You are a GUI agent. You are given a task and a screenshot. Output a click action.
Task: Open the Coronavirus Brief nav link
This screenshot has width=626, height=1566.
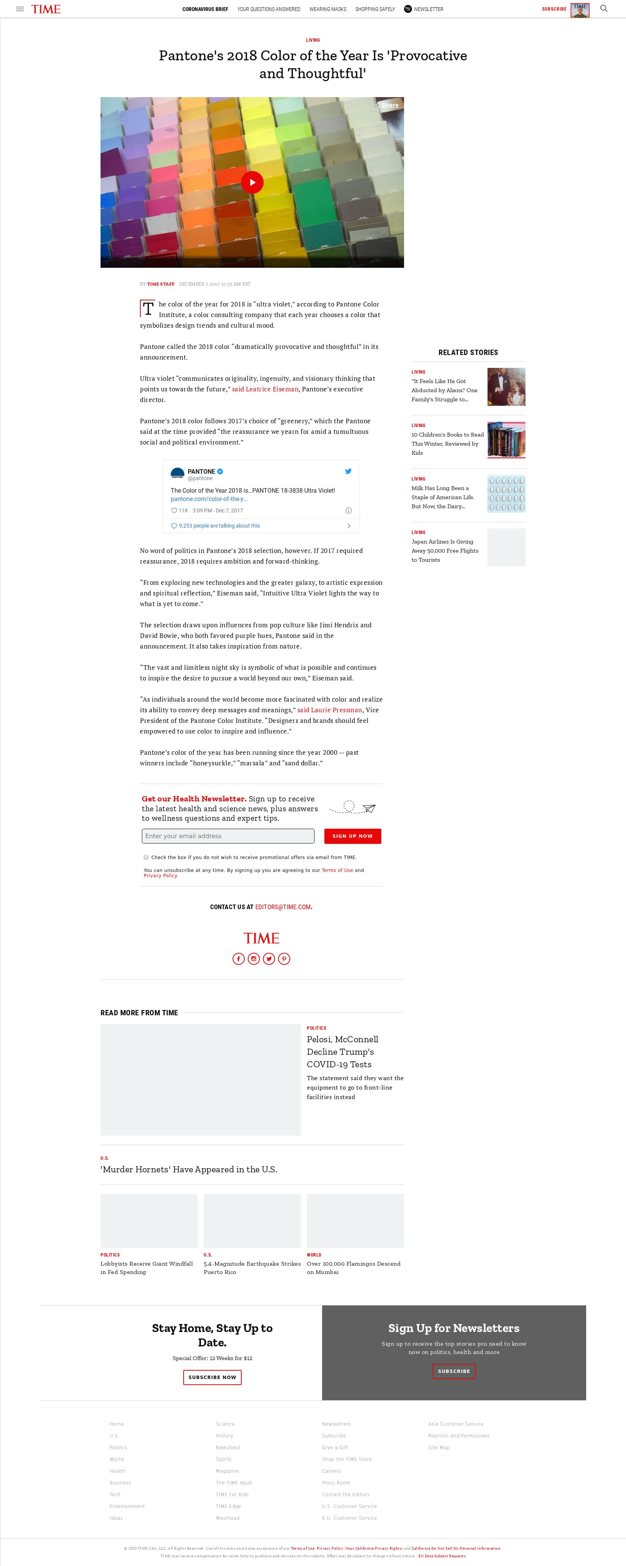(205, 9)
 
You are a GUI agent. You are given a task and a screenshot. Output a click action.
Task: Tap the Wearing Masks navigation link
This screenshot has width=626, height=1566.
(327, 9)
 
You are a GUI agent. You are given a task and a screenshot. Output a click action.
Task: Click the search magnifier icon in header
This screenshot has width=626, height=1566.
(604, 8)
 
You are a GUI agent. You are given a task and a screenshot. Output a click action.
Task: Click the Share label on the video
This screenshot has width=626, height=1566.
(389, 105)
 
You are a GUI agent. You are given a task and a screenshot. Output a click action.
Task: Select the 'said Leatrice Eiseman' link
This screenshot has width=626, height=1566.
(265, 389)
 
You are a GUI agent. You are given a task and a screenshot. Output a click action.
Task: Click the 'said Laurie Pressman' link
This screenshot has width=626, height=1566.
(330, 710)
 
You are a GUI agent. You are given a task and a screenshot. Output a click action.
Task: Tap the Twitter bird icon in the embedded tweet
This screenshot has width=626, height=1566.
(348, 471)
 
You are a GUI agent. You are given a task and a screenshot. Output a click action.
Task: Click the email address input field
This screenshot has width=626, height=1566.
(228, 836)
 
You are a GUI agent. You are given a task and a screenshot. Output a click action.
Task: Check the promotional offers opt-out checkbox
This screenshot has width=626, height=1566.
(146, 857)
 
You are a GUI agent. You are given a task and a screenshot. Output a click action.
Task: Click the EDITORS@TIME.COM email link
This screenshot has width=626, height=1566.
(283, 907)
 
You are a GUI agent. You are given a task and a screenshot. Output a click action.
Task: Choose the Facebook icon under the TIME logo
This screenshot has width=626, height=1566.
(239, 959)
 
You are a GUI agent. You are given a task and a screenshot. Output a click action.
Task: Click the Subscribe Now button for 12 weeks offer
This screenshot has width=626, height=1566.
(212, 1377)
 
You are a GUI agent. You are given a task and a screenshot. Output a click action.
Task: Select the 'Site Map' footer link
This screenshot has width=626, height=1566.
(439, 1447)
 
